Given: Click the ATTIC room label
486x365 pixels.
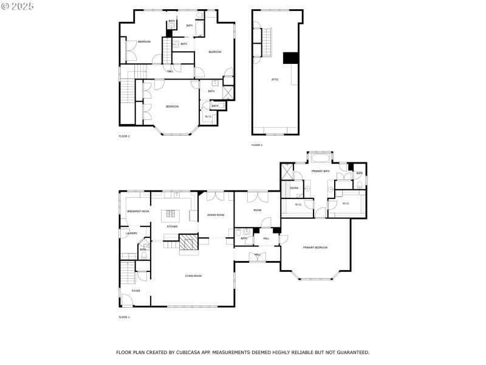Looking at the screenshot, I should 275,80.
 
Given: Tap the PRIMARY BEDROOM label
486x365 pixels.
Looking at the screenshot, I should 315,248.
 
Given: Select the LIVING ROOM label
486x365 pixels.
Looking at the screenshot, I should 193,276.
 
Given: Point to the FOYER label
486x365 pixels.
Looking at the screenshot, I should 135,291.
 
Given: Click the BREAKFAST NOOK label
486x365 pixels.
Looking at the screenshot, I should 138,211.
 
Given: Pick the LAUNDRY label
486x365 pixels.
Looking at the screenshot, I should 131,233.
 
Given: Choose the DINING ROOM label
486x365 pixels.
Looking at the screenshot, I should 216,215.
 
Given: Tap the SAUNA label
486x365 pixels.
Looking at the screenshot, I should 293,189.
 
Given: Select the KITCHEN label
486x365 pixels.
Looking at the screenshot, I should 172,226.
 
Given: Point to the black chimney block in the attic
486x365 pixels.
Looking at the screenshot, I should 290,58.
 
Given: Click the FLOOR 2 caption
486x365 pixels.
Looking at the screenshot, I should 124,136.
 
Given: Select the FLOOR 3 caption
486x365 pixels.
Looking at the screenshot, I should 257,145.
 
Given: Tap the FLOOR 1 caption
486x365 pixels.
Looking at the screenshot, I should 124,317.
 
